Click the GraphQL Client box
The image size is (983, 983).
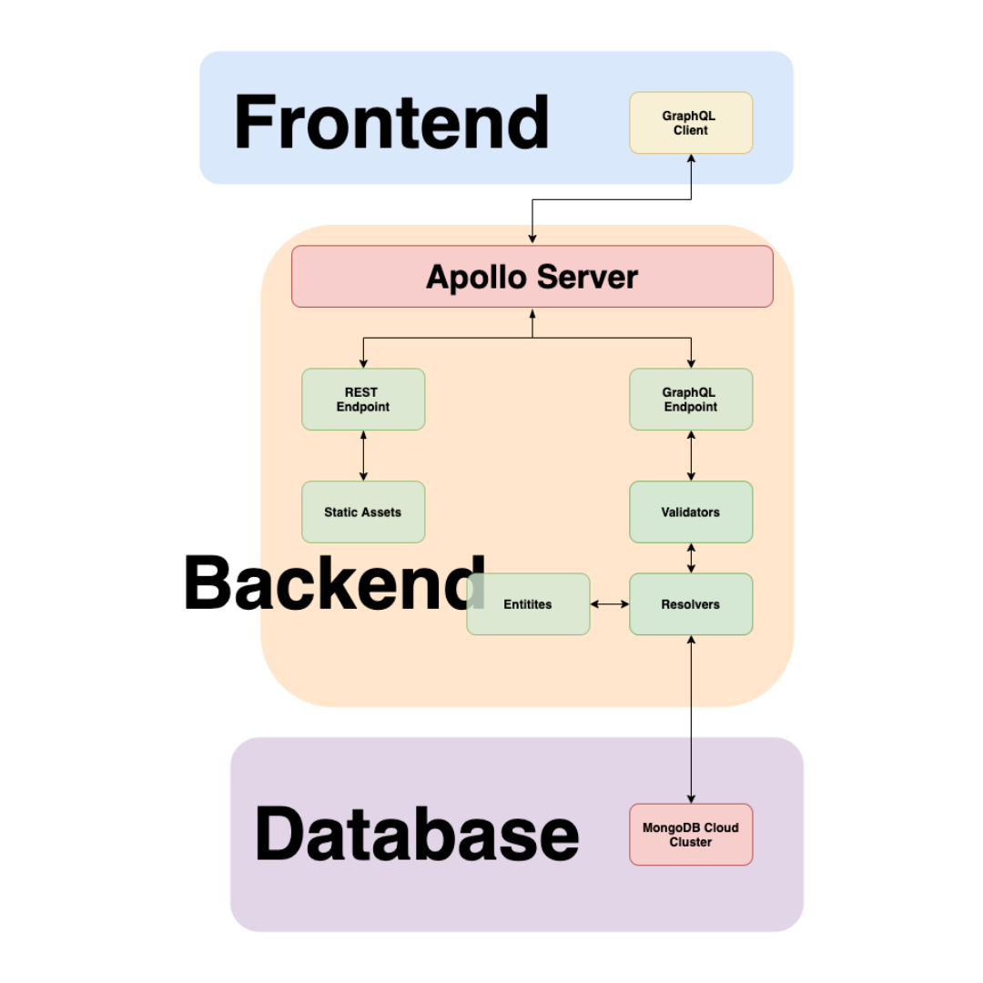point(691,123)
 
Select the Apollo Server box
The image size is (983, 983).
point(532,277)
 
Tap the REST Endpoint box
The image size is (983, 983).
point(363,399)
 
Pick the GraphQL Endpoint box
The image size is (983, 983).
point(691,399)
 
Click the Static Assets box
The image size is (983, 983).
point(363,512)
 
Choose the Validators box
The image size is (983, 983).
point(691,512)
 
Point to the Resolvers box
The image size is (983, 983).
point(691,604)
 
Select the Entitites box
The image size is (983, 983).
point(528,604)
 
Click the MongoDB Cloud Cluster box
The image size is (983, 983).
point(691,835)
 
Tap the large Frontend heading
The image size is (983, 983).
point(391,123)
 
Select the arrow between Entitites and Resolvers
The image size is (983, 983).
point(610,604)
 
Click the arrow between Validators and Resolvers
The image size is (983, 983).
point(691,558)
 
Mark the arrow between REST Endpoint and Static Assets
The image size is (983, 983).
point(363,455)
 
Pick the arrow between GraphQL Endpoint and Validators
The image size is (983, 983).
point(691,455)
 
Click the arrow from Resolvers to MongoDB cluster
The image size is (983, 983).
point(691,719)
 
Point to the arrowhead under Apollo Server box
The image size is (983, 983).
point(532,313)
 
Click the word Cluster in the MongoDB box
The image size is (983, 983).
point(691,843)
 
